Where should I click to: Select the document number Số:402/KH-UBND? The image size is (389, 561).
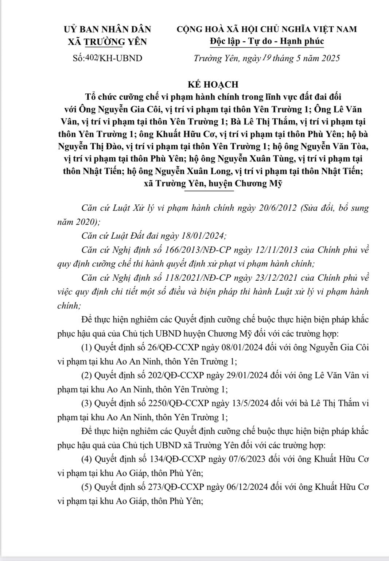(x=108, y=58)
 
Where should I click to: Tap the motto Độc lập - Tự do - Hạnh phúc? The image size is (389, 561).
(x=267, y=41)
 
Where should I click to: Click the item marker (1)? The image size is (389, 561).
(x=87, y=347)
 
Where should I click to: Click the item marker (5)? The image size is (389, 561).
(x=87, y=487)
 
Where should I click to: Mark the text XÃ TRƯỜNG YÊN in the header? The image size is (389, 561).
(x=108, y=42)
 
